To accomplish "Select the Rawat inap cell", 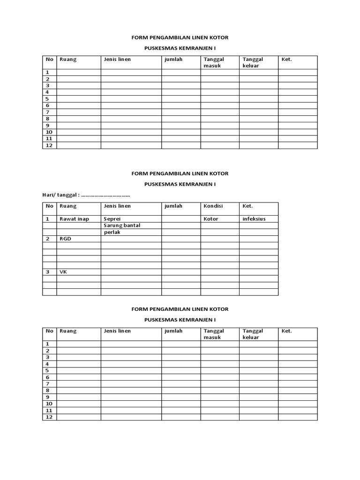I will click(x=74, y=219).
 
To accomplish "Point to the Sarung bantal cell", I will click(x=122, y=225).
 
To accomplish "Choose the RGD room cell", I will click(x=65, y=239).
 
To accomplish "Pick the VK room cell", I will click(x=63, y=271).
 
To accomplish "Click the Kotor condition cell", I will click(x=211, y=219).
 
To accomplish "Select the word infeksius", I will click(x=254, y=219).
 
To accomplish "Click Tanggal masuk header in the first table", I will click(x=214, y=62).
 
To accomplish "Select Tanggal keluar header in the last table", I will click(x=253, y=334).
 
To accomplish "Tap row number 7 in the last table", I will click(x=47, y=384).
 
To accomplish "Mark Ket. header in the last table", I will click(x=286, y=331).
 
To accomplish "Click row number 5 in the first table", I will click(x=47, y=99).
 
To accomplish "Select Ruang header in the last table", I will click(x=68, y=331).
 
